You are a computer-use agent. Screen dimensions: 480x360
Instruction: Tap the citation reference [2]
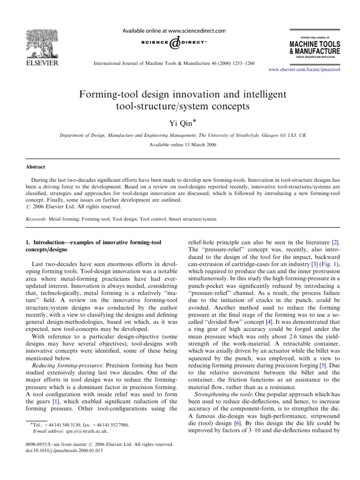click(336, 242)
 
